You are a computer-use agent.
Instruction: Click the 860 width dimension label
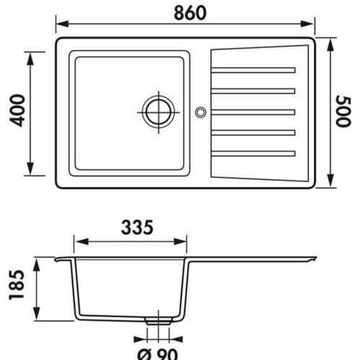point(190,13)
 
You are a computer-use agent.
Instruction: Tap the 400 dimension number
point(17,110)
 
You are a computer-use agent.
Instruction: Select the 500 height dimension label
point(343,111)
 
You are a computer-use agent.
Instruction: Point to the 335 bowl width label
point(137,228)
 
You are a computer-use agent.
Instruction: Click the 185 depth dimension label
point(17,284)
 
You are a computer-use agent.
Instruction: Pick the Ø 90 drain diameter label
point(158,354)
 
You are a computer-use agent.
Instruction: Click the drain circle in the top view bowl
point(158,112)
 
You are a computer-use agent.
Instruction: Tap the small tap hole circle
point(200,112)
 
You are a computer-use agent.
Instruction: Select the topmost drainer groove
point(253,70)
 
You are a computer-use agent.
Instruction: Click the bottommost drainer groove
point(253,153)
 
